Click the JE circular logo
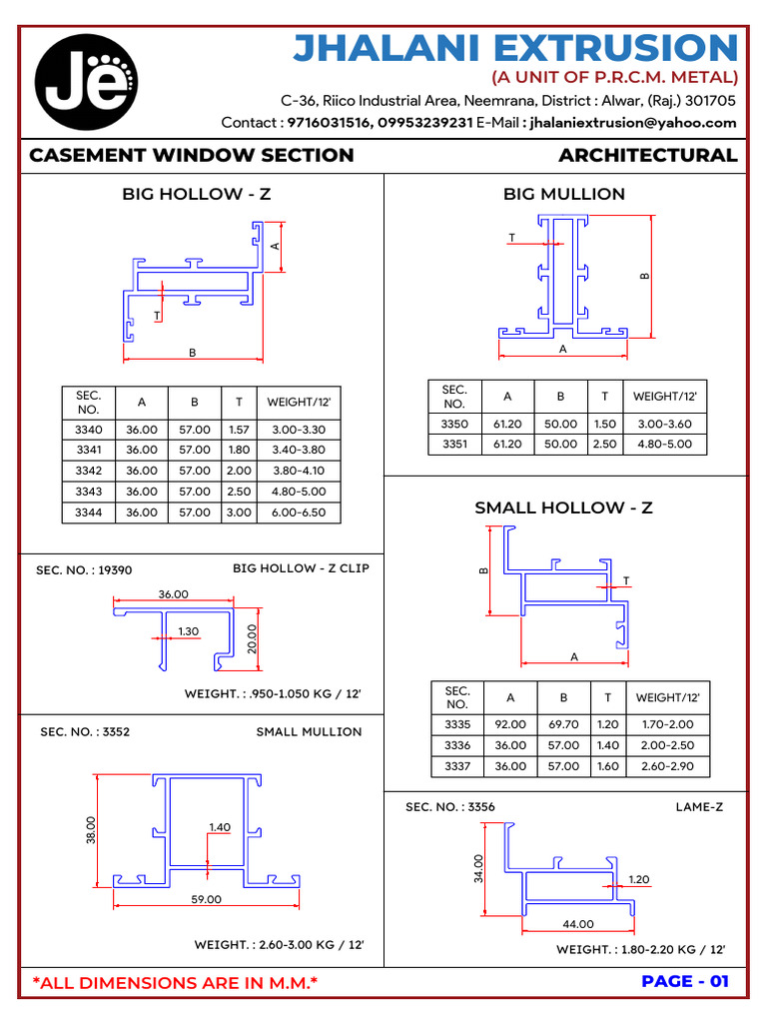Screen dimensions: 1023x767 click(x=87, y=82)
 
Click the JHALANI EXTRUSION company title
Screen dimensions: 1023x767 click(x=515, y=47)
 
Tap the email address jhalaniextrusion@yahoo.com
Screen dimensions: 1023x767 click(x=633, y=123)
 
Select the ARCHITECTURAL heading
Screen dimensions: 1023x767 click(x=647, y=156)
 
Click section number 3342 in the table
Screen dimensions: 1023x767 click(x=88, y=471)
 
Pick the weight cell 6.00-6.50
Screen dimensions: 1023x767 click(x=299, y=512)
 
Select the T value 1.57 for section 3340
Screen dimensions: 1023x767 click(x=239, y=430)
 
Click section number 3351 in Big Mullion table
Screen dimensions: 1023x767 click(x=454, y=445)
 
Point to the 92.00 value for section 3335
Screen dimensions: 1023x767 click(x=509, y=724)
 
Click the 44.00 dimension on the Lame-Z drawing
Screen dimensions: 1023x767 click(x=578, y=924)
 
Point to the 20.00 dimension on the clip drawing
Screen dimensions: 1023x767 click(x=252, y=638)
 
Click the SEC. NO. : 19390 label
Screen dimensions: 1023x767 click(x=84, y=570)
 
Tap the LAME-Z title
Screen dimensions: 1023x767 click(x=699, y=806)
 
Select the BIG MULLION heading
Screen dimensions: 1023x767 click(x=564, y=194)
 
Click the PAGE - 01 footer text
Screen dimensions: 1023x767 click(x=685, y=981)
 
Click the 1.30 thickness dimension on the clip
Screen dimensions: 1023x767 click(x=189, y=631)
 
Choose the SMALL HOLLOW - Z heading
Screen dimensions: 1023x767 click(x=563, y=508)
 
